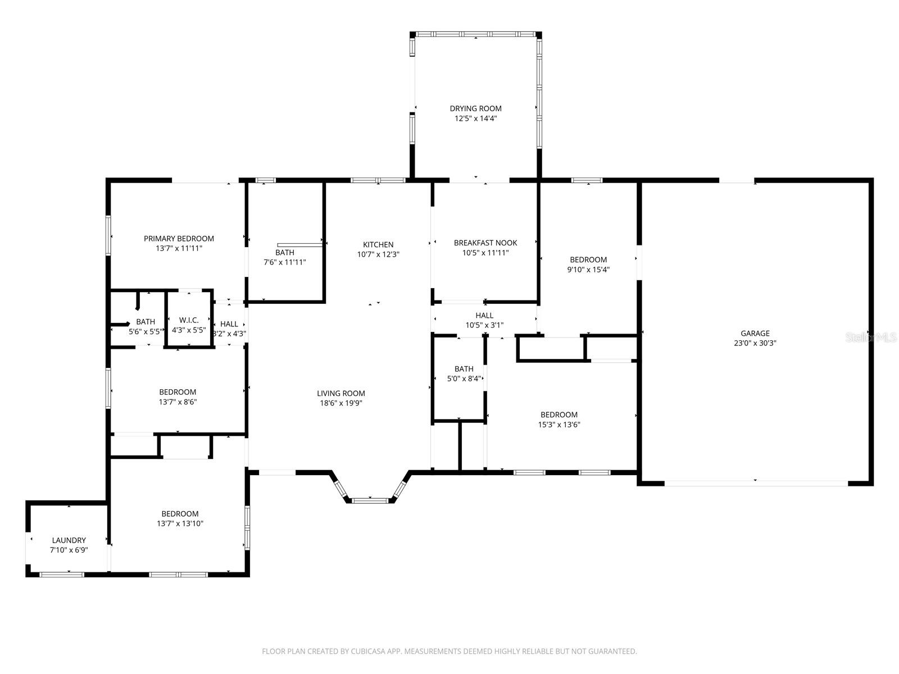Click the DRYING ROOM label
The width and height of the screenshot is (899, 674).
475,108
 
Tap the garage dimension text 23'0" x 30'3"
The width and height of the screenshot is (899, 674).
755,343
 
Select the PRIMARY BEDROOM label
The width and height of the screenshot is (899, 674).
179,239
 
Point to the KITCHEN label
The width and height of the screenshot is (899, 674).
378,244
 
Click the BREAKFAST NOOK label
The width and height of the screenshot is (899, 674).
485,243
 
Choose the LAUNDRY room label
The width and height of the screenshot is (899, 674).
69,540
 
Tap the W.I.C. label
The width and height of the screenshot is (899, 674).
189,320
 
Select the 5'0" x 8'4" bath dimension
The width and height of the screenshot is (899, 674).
464,379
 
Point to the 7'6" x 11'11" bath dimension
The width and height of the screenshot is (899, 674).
285,262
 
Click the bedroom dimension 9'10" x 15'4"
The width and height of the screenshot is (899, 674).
588,270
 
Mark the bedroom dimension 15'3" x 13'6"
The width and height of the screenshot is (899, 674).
559,425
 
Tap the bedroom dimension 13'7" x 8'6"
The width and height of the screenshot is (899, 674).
178,402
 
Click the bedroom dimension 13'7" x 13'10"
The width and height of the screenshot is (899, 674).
180,523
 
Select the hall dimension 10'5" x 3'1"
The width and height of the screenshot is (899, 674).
484,325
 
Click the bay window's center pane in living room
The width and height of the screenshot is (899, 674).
370,499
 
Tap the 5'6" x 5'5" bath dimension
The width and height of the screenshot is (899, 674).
146,331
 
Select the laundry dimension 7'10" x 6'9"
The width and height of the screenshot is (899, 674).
69,550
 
